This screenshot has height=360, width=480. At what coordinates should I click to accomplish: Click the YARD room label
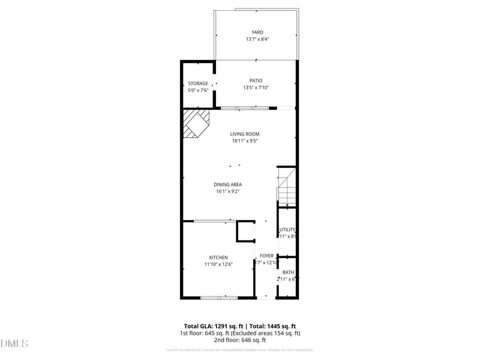257,32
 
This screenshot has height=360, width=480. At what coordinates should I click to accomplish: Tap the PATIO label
256,80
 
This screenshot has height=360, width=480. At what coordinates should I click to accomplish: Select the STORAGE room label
198,83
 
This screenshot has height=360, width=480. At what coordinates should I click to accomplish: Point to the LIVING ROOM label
245,134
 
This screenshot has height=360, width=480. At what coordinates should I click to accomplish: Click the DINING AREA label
228,184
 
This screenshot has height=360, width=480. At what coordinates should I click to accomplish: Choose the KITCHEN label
218,257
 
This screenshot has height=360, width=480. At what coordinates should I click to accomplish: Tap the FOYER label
266,256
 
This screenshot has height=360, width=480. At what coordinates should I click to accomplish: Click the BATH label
288,272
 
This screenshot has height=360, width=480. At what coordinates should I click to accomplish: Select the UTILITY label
287,229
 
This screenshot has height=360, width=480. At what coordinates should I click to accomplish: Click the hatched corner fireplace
196,123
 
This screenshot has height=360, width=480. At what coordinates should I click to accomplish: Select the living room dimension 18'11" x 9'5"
245,141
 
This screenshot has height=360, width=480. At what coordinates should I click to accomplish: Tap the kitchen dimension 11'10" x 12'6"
218,264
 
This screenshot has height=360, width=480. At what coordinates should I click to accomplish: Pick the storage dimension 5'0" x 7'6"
198,91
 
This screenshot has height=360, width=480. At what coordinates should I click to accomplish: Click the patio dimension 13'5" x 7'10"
256,88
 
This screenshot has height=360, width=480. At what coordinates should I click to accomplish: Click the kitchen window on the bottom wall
218,298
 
